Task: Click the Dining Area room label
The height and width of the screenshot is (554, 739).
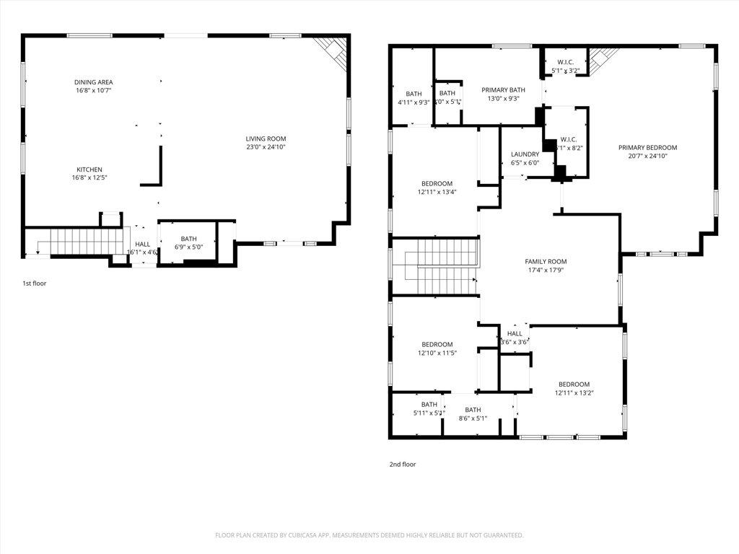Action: (93, 82)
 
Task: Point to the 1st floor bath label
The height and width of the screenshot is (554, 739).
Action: (188, 239)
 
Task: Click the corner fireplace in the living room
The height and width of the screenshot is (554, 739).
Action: (333, 49)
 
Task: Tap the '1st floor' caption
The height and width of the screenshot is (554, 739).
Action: (34, 283)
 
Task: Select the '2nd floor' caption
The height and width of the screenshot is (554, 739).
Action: (403, 465)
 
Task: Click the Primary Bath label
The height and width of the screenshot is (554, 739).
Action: (503, 90)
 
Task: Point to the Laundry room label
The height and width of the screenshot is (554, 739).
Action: (525, 154)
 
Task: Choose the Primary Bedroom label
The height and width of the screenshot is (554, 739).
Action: (647, 147)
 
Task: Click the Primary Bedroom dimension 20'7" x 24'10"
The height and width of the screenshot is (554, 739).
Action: (647, 156)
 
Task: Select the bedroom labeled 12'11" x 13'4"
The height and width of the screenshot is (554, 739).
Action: (437, 183)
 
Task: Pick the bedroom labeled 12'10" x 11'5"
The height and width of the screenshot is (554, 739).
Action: (437, 344)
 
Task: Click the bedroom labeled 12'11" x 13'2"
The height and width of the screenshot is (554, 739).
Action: (573, 384)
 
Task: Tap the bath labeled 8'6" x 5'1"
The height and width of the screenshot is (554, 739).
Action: (473, 410)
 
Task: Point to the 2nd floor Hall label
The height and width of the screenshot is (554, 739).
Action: (515, 334)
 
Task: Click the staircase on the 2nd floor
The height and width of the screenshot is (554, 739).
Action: (440, 267)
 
